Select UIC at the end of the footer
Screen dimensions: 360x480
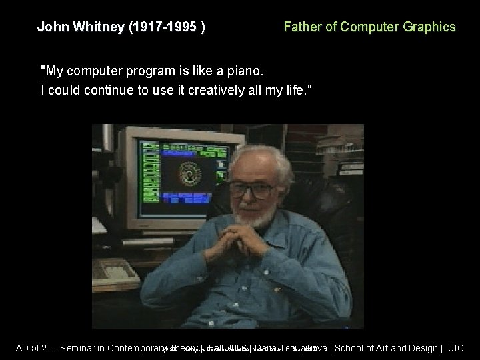[x=456, y=348]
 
